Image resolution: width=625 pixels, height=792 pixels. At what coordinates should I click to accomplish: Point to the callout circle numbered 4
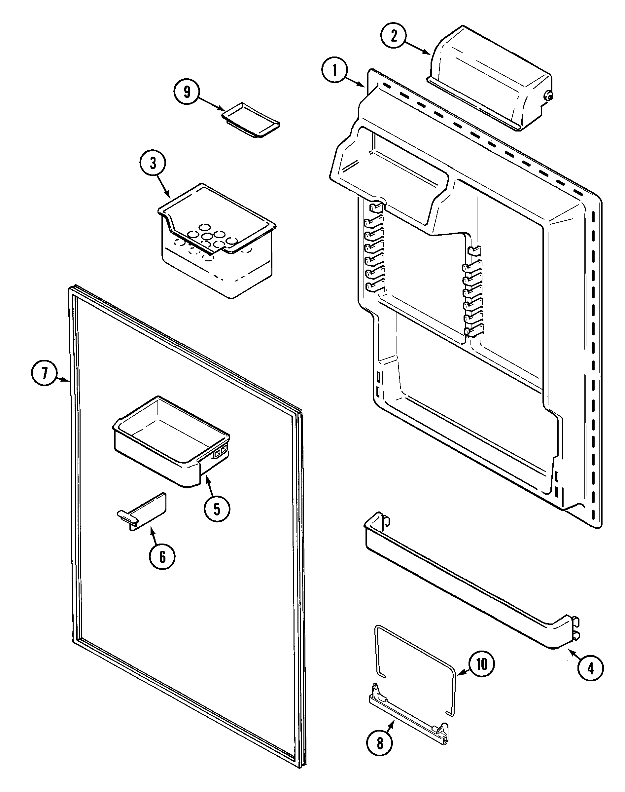(x=591, y=669)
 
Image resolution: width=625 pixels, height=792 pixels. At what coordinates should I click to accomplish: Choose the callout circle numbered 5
(x=217, y=509)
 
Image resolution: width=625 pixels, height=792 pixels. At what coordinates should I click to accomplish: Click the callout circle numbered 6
(x=162, y=557)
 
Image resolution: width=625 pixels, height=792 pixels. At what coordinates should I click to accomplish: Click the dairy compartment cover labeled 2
(x=490, y=77)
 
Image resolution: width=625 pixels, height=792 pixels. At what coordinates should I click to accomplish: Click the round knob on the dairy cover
(x=548, y=96)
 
